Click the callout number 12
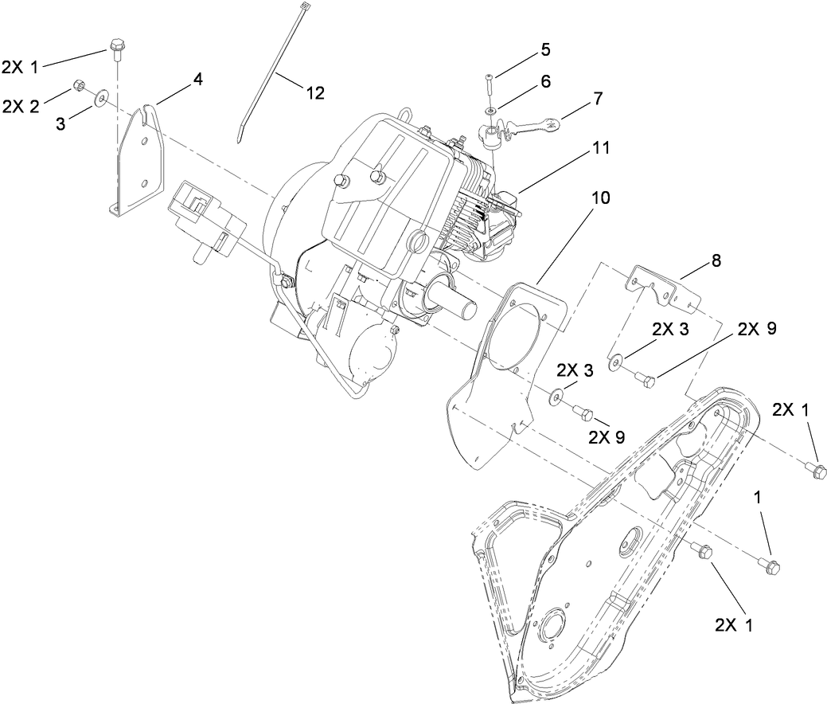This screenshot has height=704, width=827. [314, 92]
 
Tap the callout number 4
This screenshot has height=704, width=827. [197, 79]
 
